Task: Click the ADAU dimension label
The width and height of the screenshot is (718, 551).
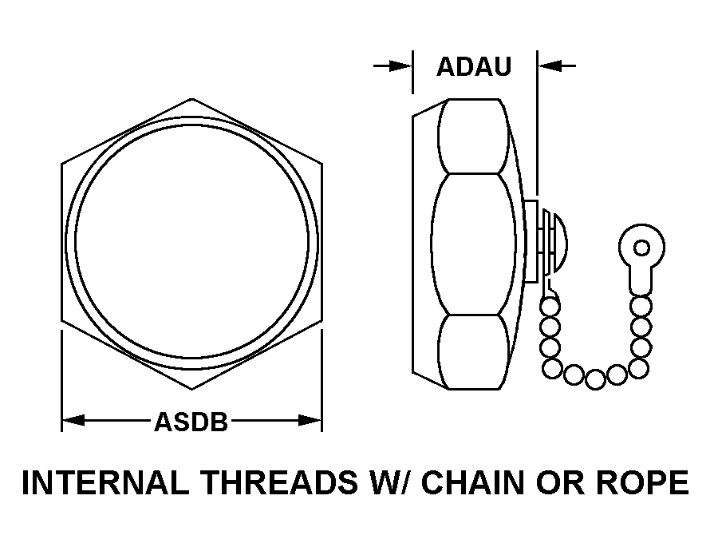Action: tap(474, 66)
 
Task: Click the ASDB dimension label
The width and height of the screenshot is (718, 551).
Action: tap(191, 422)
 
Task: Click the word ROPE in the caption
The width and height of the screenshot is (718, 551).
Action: tap(645, 484)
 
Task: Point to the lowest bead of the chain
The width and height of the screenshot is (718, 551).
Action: tap(594, 380)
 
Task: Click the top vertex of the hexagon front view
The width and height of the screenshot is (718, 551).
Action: tap(191, 99)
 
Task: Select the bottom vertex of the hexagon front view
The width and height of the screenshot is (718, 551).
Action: tap(191, 390)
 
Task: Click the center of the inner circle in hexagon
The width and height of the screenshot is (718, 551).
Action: tap(191, 244)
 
